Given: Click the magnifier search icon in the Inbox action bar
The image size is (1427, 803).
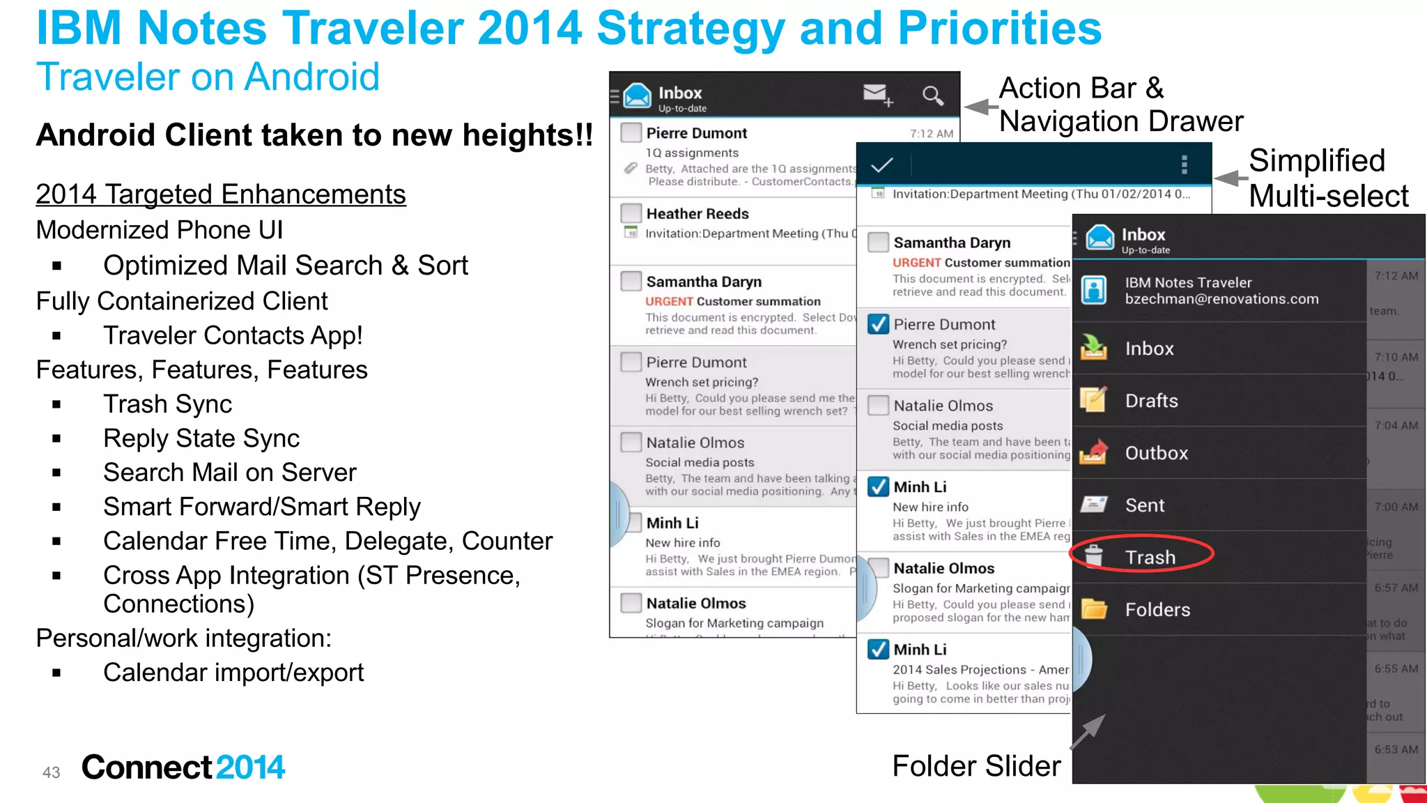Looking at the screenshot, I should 932,95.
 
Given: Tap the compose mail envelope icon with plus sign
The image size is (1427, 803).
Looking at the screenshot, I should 877,95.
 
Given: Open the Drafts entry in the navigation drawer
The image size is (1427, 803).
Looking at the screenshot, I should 1151,401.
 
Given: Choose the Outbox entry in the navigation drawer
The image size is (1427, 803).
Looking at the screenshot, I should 1156,453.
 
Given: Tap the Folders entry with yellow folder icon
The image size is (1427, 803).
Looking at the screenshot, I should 1157,610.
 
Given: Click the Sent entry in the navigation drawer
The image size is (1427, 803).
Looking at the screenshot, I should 1144,505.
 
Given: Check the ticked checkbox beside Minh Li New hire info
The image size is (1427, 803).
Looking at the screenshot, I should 878,487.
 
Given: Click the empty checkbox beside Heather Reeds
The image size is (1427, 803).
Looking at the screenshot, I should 631,213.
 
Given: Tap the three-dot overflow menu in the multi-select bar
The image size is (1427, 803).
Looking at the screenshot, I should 1184,165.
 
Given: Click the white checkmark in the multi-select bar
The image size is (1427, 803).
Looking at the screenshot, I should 881,165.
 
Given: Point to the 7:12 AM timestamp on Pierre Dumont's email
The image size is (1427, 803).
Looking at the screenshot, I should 931,134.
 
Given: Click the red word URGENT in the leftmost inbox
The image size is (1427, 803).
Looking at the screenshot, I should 668,301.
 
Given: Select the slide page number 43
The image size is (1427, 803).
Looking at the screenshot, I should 52,772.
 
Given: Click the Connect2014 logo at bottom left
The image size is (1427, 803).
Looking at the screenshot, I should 183,767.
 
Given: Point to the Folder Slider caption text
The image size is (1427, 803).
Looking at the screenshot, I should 975,766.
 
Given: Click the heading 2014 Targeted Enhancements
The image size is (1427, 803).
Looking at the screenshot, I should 221,194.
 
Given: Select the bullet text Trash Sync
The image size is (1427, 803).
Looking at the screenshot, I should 167,404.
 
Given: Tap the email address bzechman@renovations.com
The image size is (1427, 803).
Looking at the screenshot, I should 1221,299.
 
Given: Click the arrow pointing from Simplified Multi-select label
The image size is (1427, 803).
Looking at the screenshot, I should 1231,178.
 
